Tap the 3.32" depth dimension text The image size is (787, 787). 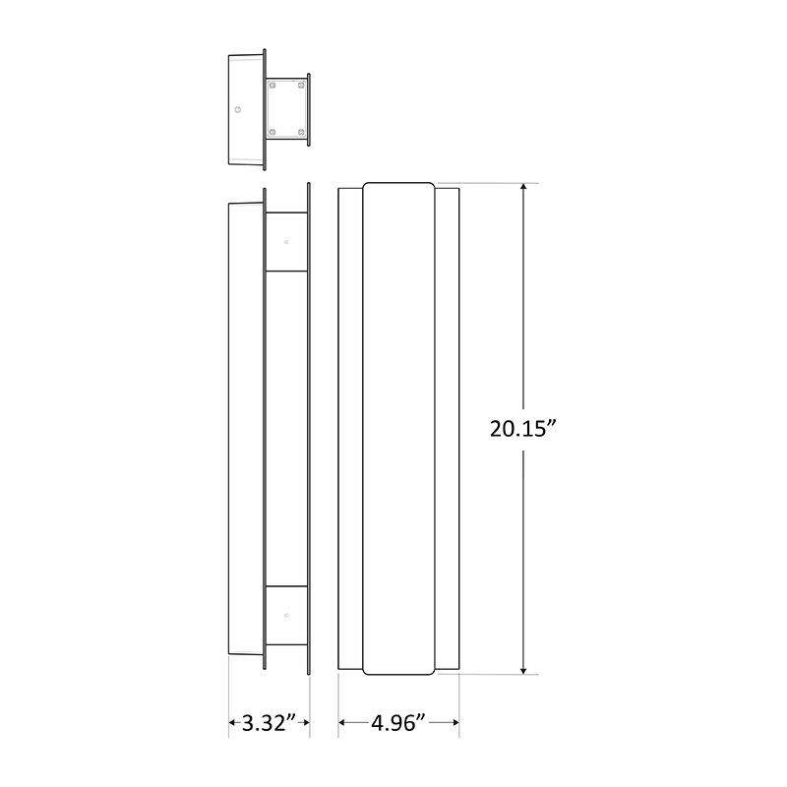tap(270, 724)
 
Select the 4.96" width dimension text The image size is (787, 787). tap(398, 724)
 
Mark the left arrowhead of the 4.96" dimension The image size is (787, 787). tap(343, 724)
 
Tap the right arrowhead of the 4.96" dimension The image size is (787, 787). tap(454, 724)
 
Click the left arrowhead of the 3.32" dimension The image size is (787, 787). tap(233, 724)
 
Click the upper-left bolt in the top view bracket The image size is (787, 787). tap(272, 88)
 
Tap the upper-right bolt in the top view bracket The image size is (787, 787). tap(299, 88)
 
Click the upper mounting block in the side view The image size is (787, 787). tap(286, 242)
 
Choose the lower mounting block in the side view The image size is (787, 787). tap(286, 616)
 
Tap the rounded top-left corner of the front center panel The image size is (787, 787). tap(367, 187)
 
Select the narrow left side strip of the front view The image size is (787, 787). tap(350, 430)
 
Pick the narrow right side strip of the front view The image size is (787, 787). tap(447, 430)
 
